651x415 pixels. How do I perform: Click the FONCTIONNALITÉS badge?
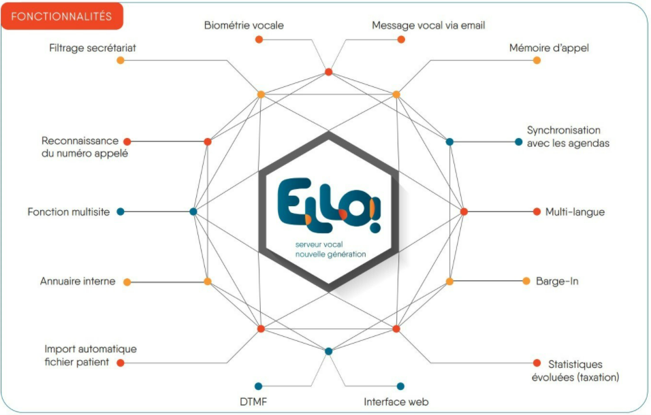click(62, 16)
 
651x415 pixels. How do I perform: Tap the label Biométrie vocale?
click(244, 25)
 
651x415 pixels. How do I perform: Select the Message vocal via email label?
click(428, 25)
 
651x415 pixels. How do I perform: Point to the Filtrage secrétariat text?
click(92, 48)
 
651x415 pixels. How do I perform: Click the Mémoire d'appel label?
click(549, 48)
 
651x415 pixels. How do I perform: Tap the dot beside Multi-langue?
click(537, 212)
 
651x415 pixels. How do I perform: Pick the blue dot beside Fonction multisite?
click(121, 212)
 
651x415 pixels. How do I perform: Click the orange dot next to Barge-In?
click(526, 281)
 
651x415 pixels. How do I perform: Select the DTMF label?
click(253, 401)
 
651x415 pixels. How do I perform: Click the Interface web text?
click(396, 401)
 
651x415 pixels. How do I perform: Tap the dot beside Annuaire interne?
click(127, 282)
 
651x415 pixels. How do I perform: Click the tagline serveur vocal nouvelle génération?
click(330, 250)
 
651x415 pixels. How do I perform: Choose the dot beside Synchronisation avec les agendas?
click(519, 142)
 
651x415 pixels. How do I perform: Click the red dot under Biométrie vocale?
click(259, 39)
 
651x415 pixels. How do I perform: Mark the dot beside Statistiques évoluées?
click(537, 363)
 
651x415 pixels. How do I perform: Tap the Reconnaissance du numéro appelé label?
click(84, 147)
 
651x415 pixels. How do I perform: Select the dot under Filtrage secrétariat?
click(121, 61)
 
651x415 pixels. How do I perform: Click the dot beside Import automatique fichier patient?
click(121, 363)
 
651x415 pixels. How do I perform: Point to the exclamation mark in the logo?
click(374, 216)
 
